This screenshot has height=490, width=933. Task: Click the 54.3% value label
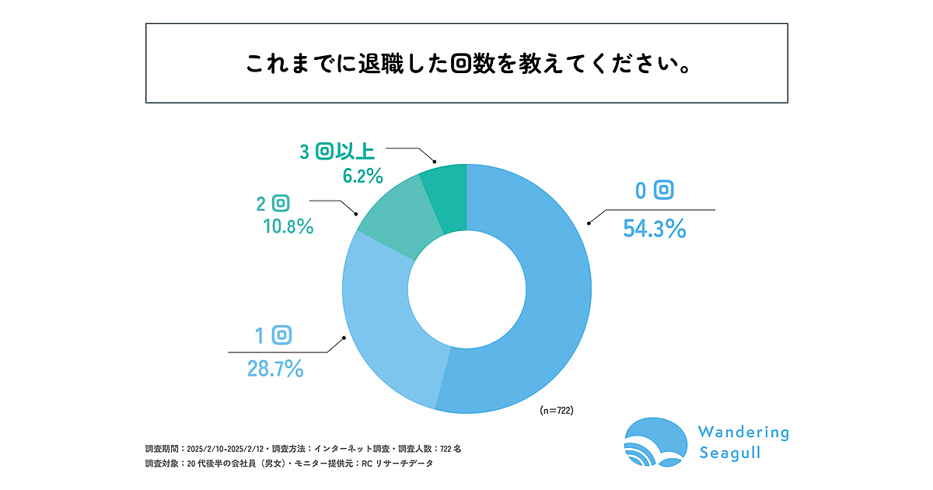click(655, 229)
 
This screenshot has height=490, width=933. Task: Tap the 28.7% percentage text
click(275, 369)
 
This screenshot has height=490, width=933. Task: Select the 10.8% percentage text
click(287, 227)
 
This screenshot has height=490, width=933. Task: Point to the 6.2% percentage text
click(362, 176)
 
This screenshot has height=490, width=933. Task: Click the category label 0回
click(653, 191)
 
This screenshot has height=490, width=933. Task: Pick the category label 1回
click(273, 335)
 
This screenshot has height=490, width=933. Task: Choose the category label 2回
click(273, 204)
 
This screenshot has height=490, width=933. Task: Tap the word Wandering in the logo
click(743, 432)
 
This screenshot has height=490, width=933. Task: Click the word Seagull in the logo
click(729, 453)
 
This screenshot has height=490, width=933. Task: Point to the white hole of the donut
click(466, 288)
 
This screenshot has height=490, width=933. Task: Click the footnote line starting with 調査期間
click(303, 449)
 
